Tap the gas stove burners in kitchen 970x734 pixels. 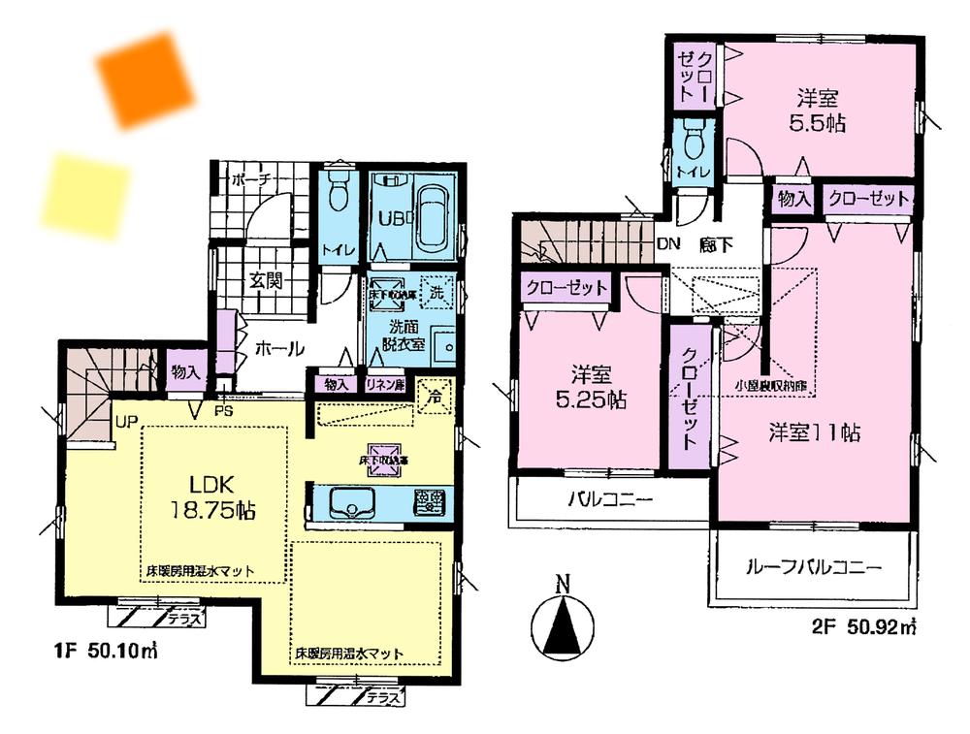[x=430, y=502]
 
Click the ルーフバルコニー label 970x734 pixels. [x=813, y=567]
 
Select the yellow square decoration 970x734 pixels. [x=86, y=195]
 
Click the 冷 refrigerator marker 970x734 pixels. [x=436, y=395]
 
